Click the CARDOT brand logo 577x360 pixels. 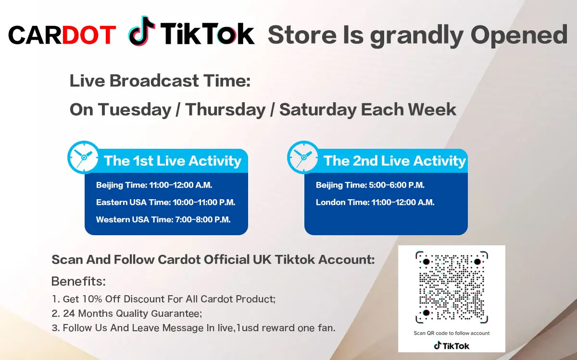click(x=62, y=35)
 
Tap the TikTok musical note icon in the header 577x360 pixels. click(x=141, y=31)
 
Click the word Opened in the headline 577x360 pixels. click(x=519, y=35)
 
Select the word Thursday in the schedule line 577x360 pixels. click(x=226, y=110)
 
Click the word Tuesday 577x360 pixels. click(x=135, y=110)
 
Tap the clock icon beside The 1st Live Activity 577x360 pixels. click(x=83, y=157)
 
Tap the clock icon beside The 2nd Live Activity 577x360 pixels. click(x=303, y=157)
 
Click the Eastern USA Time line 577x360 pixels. click(x=165, y=203)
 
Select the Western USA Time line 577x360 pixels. click(x=163, y=220)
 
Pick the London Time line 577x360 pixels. click(x=375, y=203)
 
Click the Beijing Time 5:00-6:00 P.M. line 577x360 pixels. click(x=370, y=185)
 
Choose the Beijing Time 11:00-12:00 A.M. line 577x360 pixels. click(x=154, y=185)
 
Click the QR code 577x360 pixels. click(x=452, y=287)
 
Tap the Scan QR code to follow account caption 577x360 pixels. click(x=452, y=333)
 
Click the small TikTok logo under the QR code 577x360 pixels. click(x=452, y=346)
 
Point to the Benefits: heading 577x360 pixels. click(x=78, y=281)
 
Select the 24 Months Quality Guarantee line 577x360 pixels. click(x=127, y=314)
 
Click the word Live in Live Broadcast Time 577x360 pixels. click(x=88, y=81)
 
